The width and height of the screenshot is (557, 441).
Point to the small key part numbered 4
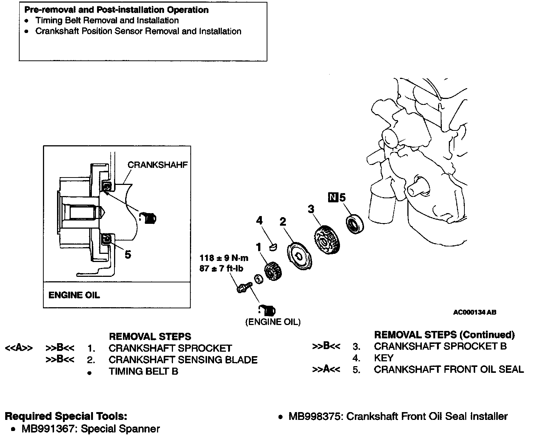click(x=273, y=247)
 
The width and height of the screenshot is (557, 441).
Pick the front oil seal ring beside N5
click(x=355, y=223)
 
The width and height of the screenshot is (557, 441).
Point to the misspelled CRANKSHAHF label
click(x=157, y=165)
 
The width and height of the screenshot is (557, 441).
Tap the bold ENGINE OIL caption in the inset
click(x=74, y=295)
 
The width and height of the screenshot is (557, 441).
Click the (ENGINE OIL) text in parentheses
click(x=273, y=322)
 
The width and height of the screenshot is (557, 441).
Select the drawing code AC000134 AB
click(x=474, y=312)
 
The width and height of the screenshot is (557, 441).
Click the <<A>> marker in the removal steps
click(x=19, y=348)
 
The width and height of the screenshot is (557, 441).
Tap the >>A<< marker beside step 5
click(x=326, y=369)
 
